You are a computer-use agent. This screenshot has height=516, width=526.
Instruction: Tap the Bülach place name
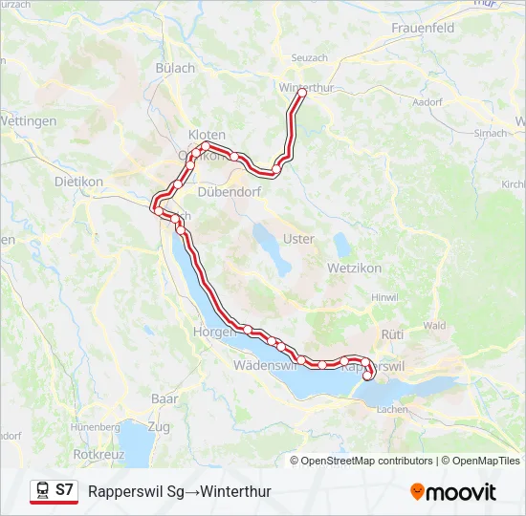[x=175, y=68]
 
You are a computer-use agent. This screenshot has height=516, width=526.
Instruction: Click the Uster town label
[x=298, y=239]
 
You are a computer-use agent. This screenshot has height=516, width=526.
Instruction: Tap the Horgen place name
[x=213, y=332]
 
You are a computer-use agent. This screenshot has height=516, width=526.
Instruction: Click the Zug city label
[x=159, y=425]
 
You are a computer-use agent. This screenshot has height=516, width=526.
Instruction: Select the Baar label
[x=164, y=398]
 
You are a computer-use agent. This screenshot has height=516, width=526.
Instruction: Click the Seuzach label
[x=309, y=58]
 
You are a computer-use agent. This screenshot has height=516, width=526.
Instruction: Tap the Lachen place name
[x=392, y=409]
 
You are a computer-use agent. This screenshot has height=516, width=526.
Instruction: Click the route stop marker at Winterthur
[x=301, y=94]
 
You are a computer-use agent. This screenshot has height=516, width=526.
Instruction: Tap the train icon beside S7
[x=42, y=491]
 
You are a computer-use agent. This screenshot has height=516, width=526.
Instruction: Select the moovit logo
[x=453, y=492]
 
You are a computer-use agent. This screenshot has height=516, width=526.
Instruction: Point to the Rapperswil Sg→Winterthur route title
[x=180, y=492]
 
